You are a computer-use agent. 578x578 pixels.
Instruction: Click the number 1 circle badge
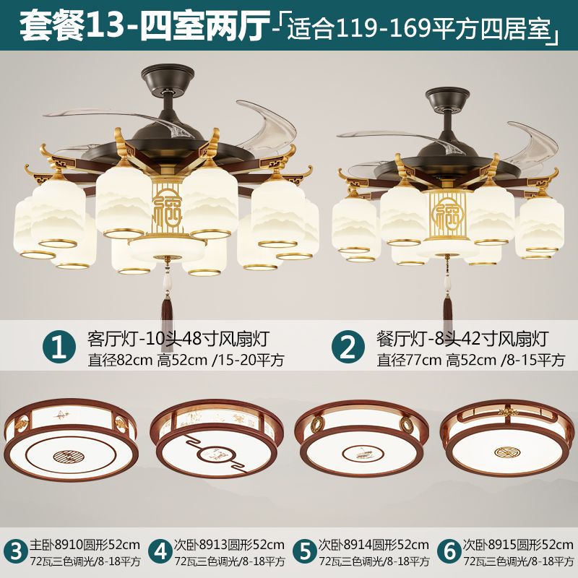(x=59, y=347)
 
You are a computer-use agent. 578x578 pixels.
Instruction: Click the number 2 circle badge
(x=348, y=347)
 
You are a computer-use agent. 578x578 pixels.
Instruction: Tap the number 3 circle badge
(x=15, y=552)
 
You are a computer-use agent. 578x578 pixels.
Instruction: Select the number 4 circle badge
(x=160, y=552)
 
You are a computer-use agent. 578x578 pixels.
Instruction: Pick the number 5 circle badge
(x=305, y=552)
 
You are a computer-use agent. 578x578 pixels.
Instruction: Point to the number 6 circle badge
(x=449, y=552)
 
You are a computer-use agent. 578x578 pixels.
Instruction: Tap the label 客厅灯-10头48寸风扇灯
(x=178, y=339)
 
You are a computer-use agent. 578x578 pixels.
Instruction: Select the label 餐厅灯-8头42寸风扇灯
(x=462, y=339)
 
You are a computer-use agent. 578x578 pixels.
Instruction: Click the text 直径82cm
(x=120, y=360)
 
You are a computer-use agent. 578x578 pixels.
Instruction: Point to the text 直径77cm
(x=409, y=360)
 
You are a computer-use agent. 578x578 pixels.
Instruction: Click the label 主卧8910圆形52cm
(x=85, y=545)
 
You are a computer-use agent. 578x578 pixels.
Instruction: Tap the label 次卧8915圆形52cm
(x=518, y=545)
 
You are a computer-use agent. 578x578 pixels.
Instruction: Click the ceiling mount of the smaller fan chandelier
(x=447, y=99)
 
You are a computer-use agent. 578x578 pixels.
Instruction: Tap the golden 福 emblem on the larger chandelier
(x=167, y=209)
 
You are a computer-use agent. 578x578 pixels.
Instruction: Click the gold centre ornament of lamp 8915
(x=505, y=452)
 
